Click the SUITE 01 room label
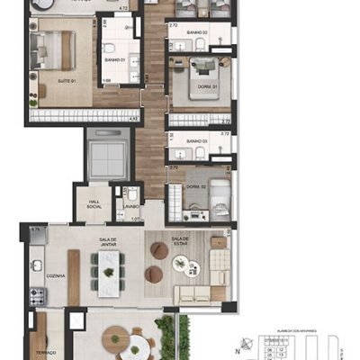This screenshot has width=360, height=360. [40, 81]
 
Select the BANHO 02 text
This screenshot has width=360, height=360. [198, 32]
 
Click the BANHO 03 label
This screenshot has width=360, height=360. [198, 141]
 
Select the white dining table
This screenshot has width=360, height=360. [109, 270]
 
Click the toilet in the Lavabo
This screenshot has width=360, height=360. [130, 193]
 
